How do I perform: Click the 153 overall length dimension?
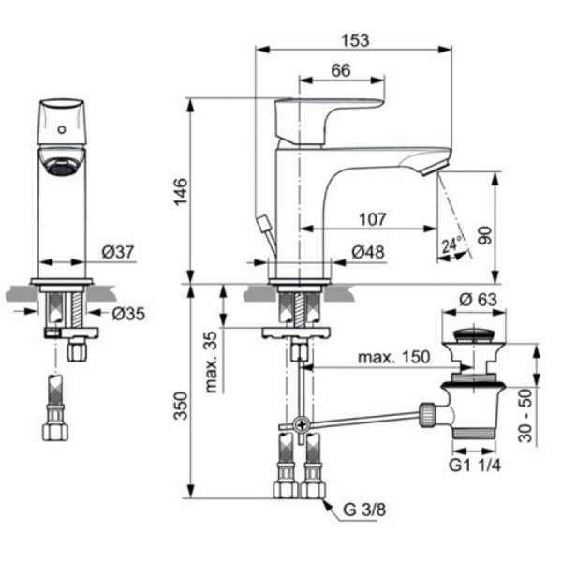[x=355, y=40]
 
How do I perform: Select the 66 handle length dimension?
[x=340, y=71]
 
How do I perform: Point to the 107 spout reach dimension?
[x=373, y=220]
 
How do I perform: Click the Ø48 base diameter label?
[x=367, y=252]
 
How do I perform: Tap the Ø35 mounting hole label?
[x=128, y=314]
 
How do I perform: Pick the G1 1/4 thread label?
[x=475, y=466]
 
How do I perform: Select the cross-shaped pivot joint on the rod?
[x=301, y=426]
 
